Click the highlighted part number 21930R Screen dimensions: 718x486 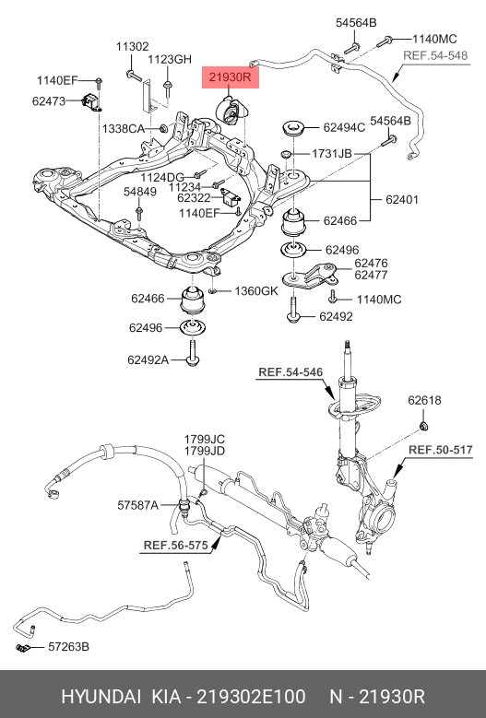(x=231, y=77)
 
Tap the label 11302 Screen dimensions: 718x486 (x=132, y=46)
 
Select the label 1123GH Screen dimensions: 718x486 (x=170, y=59)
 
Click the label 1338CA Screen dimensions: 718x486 (x=123, y=128)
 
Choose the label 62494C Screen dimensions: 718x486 (x=344, y=128)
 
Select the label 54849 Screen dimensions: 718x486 (x=140, y=191)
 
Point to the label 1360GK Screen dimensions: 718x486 (x=255, y=291)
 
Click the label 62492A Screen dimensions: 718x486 (x=148, y=359)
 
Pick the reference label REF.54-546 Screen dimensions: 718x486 (x=290, y=372)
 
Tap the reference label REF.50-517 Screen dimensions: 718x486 (x=441, y=450)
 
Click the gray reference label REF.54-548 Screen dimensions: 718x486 (x=435, y=55)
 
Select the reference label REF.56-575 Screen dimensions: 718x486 (x=174, y=545)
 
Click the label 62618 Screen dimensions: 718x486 (x=425, y=400)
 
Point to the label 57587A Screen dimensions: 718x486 (x=138, y=504)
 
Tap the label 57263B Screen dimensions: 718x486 (x=68, y=648)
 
